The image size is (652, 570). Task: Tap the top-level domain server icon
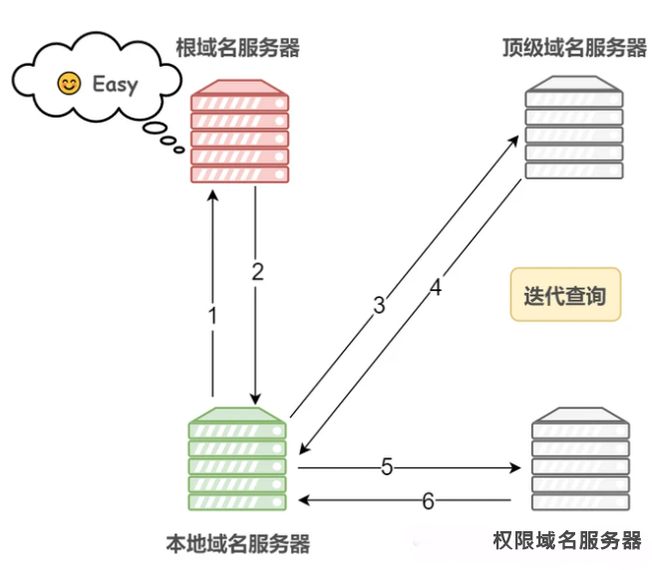point(574,125)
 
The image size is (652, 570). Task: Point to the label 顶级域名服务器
point(575,47)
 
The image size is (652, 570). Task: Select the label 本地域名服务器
point(237,544)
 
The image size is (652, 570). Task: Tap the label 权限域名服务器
point(567,541)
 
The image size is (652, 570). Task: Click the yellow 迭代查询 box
point(564,295)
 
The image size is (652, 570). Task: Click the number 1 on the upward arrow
point(211,316)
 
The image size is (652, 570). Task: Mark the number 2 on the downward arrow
point(257,272)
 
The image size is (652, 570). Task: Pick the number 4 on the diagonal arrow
point(435,289)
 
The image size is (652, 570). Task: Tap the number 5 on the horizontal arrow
point(388,465)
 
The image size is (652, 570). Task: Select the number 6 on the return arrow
point(428,501)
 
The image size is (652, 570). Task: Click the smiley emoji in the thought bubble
point(69,84)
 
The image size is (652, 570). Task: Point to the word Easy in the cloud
point(115,84)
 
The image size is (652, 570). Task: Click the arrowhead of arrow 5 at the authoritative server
point(516,466)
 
